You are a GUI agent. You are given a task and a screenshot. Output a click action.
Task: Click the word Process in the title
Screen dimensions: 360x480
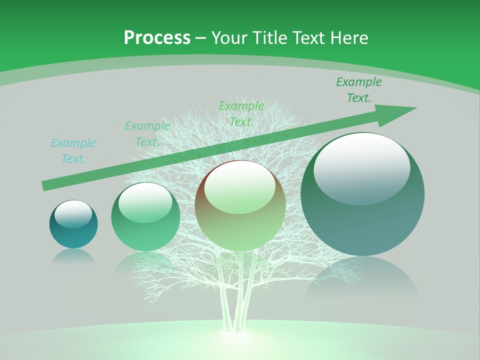tap(157, 38)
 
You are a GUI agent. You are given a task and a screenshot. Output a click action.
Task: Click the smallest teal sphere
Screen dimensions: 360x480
tap(73, 224)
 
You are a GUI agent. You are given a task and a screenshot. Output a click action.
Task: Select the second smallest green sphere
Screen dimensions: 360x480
tap(145, 217)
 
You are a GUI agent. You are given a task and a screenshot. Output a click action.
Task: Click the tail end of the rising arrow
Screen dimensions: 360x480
tap(45, 186)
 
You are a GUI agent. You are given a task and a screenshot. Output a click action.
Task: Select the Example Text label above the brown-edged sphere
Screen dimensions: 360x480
tap(241, 113)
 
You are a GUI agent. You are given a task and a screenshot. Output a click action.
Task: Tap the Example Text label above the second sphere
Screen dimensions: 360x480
tap(147, 134)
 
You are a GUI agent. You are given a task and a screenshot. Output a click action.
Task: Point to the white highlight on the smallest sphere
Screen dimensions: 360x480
tap(73, 214)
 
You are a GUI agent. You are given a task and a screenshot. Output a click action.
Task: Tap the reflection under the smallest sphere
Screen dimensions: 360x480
tap(73, 256)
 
